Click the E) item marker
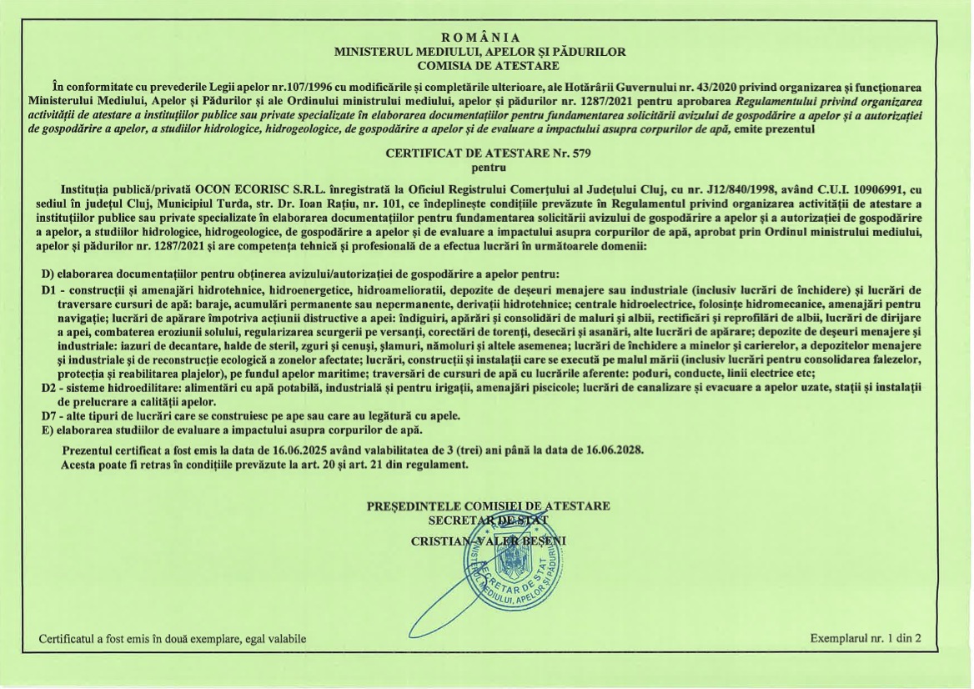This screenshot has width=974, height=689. point(48,429)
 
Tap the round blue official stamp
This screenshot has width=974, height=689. point(510,561)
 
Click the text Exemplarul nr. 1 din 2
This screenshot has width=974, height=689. point(866,639)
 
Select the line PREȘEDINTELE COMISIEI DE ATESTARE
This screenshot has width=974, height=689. point(489,506)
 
